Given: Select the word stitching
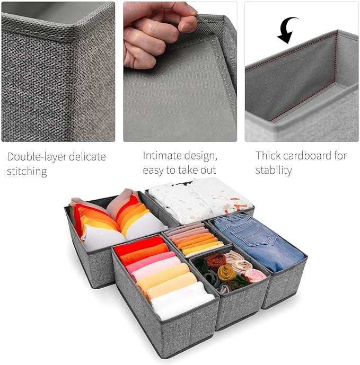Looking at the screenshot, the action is tap(27, 172).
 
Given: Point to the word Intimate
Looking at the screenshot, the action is tap(160, 155).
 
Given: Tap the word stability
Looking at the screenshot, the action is tap(274, 170).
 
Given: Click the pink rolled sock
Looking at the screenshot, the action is tap(256, 275).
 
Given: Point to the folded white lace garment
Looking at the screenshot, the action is tap(200, 201).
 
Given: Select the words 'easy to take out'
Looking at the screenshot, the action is tap(179, 170).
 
